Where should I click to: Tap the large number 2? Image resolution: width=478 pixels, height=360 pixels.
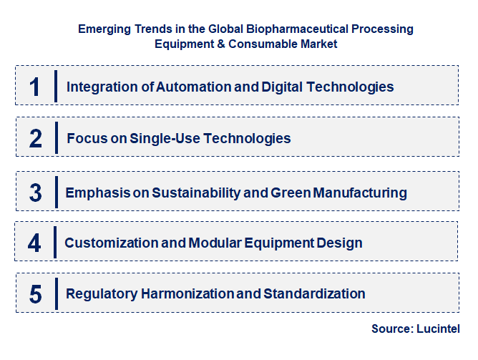[x=36, y=138]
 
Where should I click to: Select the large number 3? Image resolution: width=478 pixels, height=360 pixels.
[x=36, y=193]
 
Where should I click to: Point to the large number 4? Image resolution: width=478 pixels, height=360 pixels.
[x=35, y=243]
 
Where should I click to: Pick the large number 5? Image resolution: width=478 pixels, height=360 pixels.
[x=36, y=293]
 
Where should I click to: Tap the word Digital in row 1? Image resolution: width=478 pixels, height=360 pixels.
[x=276, y=87]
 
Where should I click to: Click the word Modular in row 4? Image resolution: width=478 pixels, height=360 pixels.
[x=213, y=243]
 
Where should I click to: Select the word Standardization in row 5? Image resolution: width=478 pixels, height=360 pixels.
[x=314, y=293]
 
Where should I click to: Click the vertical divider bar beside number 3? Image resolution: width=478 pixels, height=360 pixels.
[x=55, y=193]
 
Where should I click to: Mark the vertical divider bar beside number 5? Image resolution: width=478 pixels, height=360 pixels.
[x=55, y=293]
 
